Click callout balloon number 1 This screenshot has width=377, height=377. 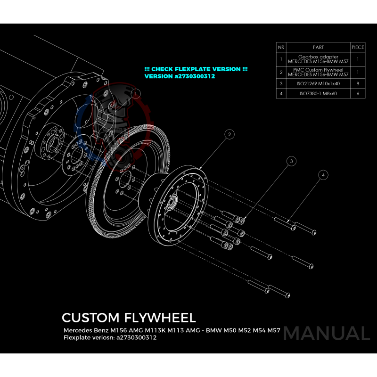click(x=135, y=94)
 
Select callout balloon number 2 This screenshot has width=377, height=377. click(x=229, y=135)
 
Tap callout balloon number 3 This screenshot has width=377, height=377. click(x=292, y=161)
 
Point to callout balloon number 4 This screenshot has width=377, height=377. click(x=323, y=175)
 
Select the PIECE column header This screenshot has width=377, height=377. click(x=358, y=47)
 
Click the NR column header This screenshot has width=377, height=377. click(x=281, y=47)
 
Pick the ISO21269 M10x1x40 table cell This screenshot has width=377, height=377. click(x=318, y=83)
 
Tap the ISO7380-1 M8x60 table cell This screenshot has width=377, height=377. click(x=318, y=94)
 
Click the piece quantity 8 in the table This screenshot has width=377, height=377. click(x=358, y=83)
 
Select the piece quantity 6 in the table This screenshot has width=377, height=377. click(x=358, y=94)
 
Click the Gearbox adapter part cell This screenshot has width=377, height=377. click(x=318, y=59)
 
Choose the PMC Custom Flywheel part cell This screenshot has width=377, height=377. click(x=318, y=72)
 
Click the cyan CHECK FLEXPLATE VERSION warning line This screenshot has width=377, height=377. click(x=196, y=69)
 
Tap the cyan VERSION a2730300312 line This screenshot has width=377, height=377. click(x=180, y=76)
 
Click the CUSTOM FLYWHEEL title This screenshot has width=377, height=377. click(x=128, y=317)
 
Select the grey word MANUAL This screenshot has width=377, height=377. click(x=327, y=333)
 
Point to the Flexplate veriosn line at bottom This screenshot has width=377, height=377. click(x=110, y=337)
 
